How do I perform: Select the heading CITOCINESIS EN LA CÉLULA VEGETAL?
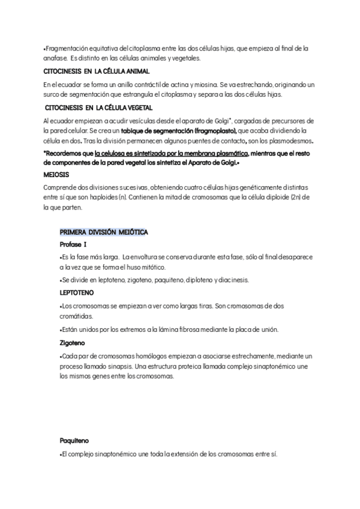[98, 108]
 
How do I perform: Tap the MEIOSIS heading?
[56, 175]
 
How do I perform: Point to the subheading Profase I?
[73, 244]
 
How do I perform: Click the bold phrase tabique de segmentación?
[154, 130]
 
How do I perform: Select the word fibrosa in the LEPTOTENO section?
[182, 330]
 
